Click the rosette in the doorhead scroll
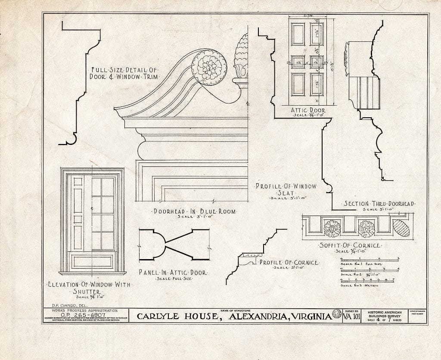pos(209,67)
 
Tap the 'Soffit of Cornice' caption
pos(350,245)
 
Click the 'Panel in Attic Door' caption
pos(173,272)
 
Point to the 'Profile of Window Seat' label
pos(286,190)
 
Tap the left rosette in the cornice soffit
pos(332,229)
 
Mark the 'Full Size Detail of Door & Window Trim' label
pos(123,73)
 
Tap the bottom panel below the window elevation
pos(92,261)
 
